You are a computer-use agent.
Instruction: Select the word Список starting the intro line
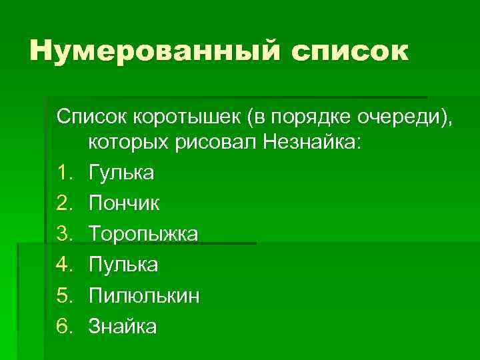(x=93, y=117)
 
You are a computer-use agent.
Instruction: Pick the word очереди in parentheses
(x=403, y=118)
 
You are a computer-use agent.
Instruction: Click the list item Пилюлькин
(x=143, y=296)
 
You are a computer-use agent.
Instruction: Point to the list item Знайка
(x=122, y=327)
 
